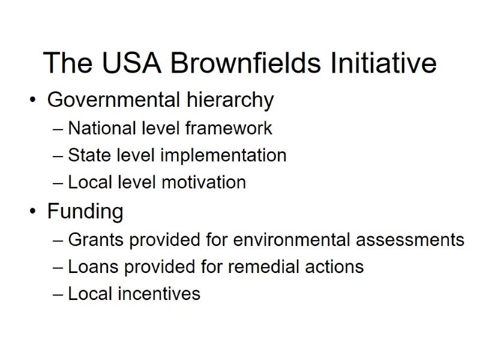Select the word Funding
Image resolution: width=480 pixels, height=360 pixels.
coord(85,211)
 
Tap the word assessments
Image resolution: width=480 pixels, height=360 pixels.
coord(409,239)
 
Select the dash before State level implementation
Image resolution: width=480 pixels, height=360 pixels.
coord(58,155)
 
